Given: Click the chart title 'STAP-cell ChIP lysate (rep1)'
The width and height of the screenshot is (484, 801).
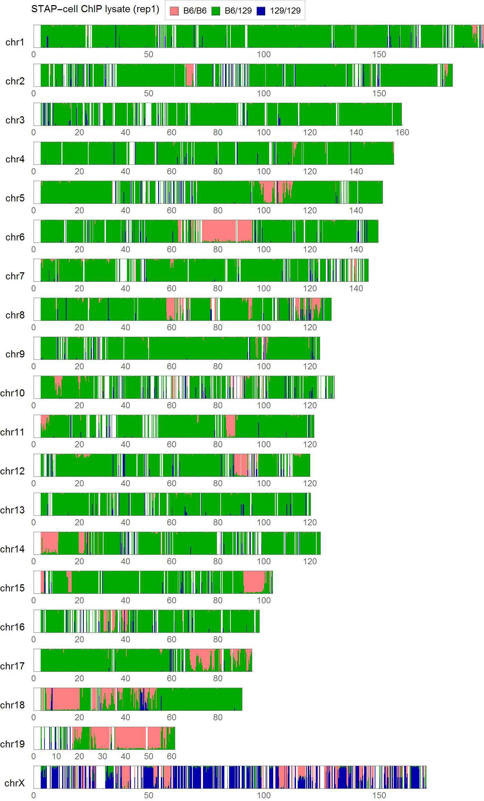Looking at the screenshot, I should tap(95, 9).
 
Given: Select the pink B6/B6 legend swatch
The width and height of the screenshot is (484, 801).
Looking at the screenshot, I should tap(174, 11).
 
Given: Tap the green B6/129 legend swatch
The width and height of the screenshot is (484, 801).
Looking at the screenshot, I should tap(216, 11).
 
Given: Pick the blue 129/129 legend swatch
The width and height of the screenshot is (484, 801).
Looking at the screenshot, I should tap(261, 11).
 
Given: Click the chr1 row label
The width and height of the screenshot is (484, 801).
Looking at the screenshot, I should tap(15, 42).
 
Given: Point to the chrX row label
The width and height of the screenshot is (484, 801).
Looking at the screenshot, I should tap(15, 783).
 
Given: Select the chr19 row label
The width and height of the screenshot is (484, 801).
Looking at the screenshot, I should tap(13, 744).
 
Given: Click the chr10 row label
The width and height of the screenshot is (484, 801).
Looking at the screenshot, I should tap(13, 393).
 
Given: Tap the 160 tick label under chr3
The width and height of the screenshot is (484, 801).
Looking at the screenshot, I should tap(402, 132).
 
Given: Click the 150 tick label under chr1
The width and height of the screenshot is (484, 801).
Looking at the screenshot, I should tap(379, 54).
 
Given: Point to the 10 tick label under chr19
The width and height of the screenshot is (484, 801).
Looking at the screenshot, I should tap(56, 756).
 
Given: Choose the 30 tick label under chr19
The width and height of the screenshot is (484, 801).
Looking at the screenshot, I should tap(103, 756).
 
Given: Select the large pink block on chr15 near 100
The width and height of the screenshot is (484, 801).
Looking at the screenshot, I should tap(255, 581).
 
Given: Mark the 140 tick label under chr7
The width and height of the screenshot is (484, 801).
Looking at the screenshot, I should tap(356, 288).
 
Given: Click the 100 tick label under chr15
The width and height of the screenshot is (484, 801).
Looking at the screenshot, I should tap(264, 600).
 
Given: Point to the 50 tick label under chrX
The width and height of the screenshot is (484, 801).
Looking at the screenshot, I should tap(149, 795).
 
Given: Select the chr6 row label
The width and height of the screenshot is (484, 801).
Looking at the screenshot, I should tap(15, 237).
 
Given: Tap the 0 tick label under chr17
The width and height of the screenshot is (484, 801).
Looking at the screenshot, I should tap(34, 678).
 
